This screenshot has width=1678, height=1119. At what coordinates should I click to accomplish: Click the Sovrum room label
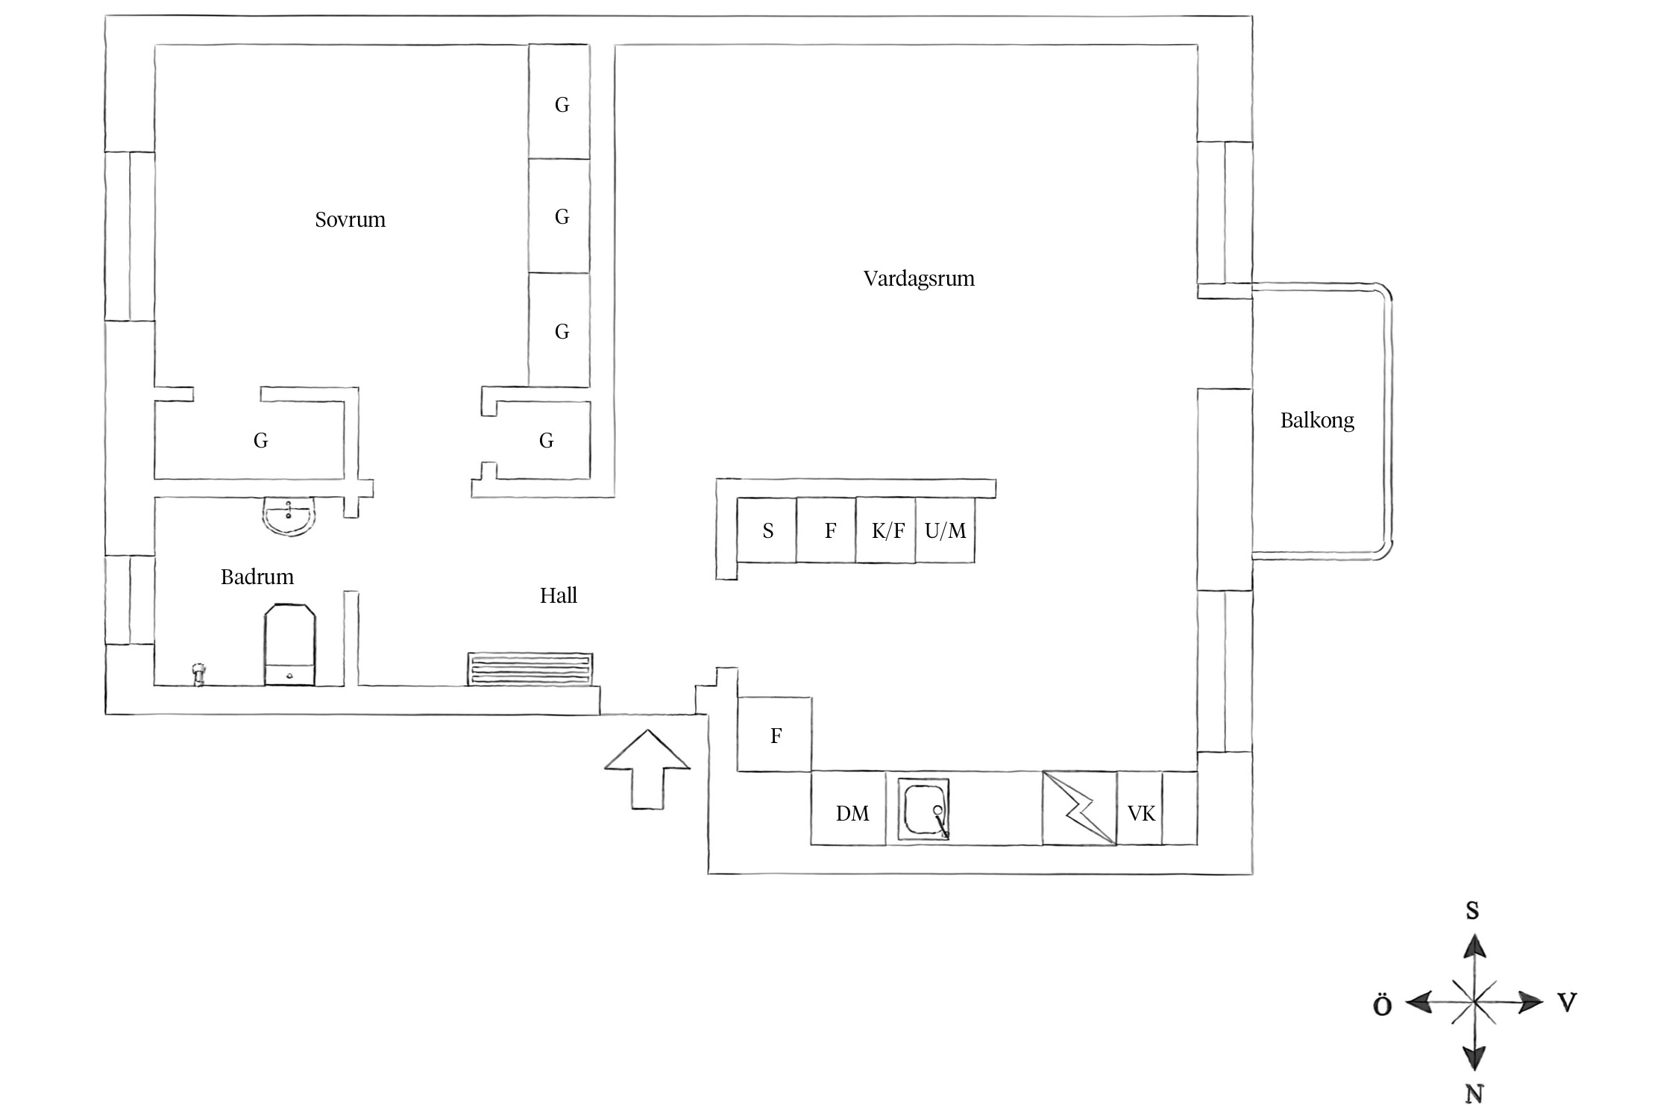point(350,220)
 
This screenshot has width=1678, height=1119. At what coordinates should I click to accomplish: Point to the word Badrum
point(257,577)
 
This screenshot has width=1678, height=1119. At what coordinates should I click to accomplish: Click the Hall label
point(559,595)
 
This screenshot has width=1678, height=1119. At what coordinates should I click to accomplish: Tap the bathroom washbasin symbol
point(289,517)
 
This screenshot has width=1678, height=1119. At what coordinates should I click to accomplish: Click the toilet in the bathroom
point(290,645)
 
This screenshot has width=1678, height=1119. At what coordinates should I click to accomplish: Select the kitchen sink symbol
point(925,811)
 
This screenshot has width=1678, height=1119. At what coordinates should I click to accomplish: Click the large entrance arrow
point(647,768)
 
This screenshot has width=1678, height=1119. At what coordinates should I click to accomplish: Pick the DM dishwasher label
point(852,814)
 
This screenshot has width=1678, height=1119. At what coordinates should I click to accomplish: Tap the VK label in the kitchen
point(1141,814)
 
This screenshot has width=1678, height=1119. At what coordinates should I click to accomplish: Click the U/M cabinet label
point(945,531)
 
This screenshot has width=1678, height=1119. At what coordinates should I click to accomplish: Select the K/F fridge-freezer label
point(888,531)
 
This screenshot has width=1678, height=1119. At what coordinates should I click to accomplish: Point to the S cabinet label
point(768,531)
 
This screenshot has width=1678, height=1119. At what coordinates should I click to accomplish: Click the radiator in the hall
point(530,669)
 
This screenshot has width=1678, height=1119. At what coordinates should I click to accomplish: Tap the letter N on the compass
point(1474,1094)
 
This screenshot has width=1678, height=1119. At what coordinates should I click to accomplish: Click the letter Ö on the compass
point(1382,1005)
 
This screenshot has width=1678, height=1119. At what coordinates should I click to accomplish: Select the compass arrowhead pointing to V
point(1530,1002)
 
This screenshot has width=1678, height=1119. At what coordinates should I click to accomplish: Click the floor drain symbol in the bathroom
point(198,674)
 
